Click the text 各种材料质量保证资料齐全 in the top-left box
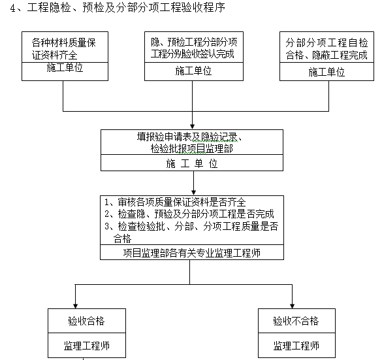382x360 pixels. [x=63, y=48]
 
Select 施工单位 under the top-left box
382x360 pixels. [x=63, y=69]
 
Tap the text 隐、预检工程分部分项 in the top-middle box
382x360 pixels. [x=193, y=41]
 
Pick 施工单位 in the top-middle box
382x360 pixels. [x=193, y=71]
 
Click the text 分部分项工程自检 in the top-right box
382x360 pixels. [x=326, y=41]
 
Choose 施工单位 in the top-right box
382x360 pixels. [x=326, y=71]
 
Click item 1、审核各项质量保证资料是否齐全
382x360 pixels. [x=174, y=202]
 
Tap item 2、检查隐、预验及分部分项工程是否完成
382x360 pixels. [x=189, y=214]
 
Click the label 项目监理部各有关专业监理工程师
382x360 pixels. [x=191, y=252]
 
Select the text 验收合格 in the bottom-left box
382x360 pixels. [x=87, y=321]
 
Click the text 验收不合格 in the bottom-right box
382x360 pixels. [x=296, y=321]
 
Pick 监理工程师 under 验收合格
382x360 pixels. [x=87, y=345]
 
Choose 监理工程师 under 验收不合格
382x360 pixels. [x=296, y=345]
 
